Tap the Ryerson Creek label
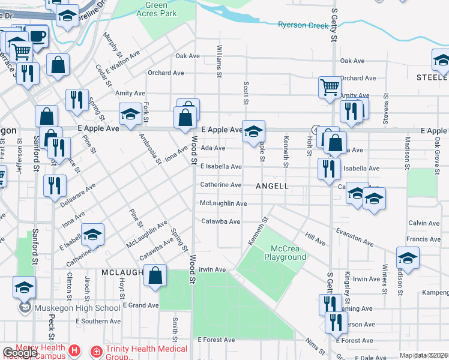(x=303, y=25)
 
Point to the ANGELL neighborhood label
(x=272, y=186)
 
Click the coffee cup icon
(x=36, y=35)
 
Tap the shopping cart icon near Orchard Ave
(x=330, y=87)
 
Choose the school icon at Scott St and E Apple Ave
(x=253, y=131)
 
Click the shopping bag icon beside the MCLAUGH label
(x=155, y=277)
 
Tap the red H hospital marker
(x=74, y=350)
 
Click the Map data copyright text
(x=424, y=355)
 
